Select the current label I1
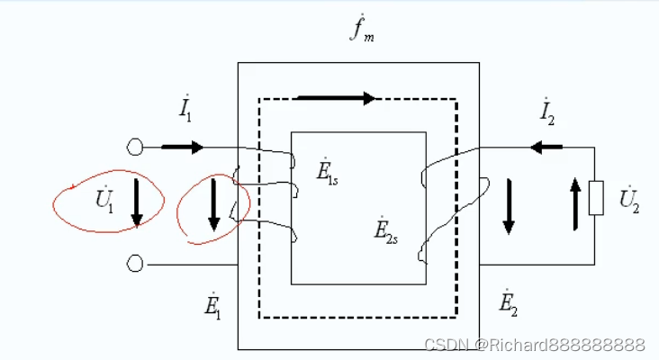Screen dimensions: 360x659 point(185,112)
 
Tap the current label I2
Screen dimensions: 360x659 point(546,112)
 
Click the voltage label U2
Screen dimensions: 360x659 point(627,198)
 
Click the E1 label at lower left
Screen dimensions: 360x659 point(212,306)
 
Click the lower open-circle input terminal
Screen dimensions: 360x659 point(136,264)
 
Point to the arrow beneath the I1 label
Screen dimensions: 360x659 point(184,147)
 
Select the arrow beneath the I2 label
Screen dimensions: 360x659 point(546,147)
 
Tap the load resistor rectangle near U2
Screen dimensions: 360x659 point(595,198)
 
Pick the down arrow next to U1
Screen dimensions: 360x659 point(137,202)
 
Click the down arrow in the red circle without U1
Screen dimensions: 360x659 point(214,205)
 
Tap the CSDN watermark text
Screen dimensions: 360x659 point(534,346)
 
